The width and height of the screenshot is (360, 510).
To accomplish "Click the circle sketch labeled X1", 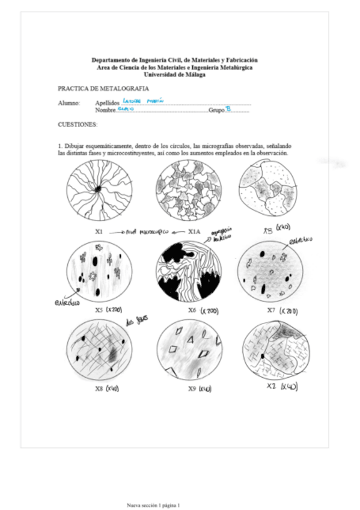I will click(99, 193).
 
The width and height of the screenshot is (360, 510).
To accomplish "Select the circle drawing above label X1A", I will click(188, 193).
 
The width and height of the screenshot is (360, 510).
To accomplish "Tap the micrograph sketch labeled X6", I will click(188, 274).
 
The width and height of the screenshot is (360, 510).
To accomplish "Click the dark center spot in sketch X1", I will click(97, 190).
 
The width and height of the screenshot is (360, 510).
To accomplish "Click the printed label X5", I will click(100, 310).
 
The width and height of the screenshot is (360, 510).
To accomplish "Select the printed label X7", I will click(273, 310).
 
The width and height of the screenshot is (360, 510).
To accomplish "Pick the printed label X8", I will click(100, 389).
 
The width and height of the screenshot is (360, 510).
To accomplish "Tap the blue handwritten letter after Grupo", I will click(228, 109).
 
